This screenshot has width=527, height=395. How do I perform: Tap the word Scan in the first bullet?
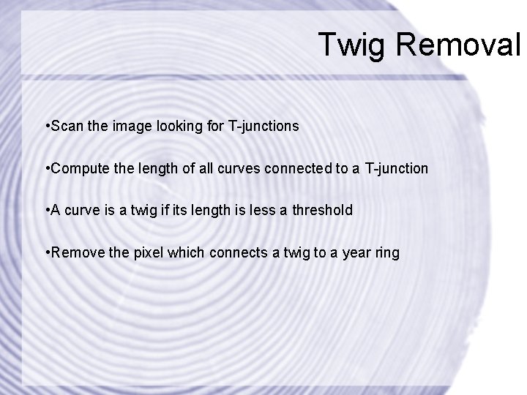[64, 126]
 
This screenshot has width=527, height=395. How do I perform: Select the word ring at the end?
[388, 254]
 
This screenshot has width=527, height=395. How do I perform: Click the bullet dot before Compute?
[46, 169]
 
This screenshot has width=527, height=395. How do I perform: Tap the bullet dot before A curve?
[46, 211]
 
